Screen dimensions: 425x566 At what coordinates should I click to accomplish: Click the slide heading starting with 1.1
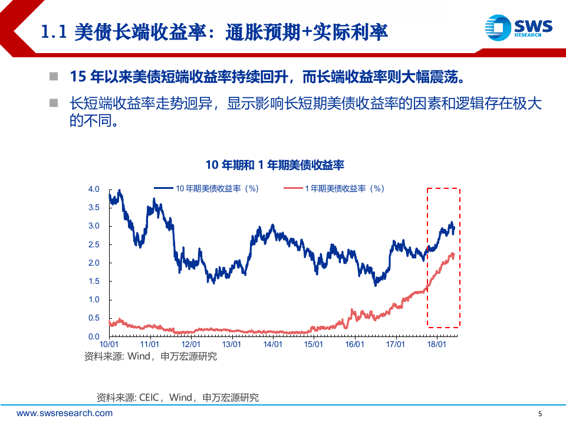point(215,32)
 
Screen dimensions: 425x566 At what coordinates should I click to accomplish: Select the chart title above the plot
point(275,165)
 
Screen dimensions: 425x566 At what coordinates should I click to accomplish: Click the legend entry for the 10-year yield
point(207,188)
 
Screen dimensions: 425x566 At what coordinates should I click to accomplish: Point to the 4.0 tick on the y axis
point(94,189)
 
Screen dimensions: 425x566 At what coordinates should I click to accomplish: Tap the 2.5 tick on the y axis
point(94,244)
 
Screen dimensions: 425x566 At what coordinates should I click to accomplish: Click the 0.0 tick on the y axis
point(94,336)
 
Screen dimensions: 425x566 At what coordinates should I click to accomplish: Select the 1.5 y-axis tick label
point(94,282)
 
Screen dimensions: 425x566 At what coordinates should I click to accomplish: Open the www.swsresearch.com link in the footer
point(64,413)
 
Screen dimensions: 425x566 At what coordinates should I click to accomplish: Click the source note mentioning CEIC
point(177,397)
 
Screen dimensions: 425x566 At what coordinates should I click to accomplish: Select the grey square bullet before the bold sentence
point(54,76)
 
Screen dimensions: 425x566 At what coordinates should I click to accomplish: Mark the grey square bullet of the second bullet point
point(54,103)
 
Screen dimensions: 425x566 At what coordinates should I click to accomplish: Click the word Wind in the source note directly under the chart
point(139,356)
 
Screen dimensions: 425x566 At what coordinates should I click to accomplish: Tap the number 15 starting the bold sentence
point(78,76)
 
